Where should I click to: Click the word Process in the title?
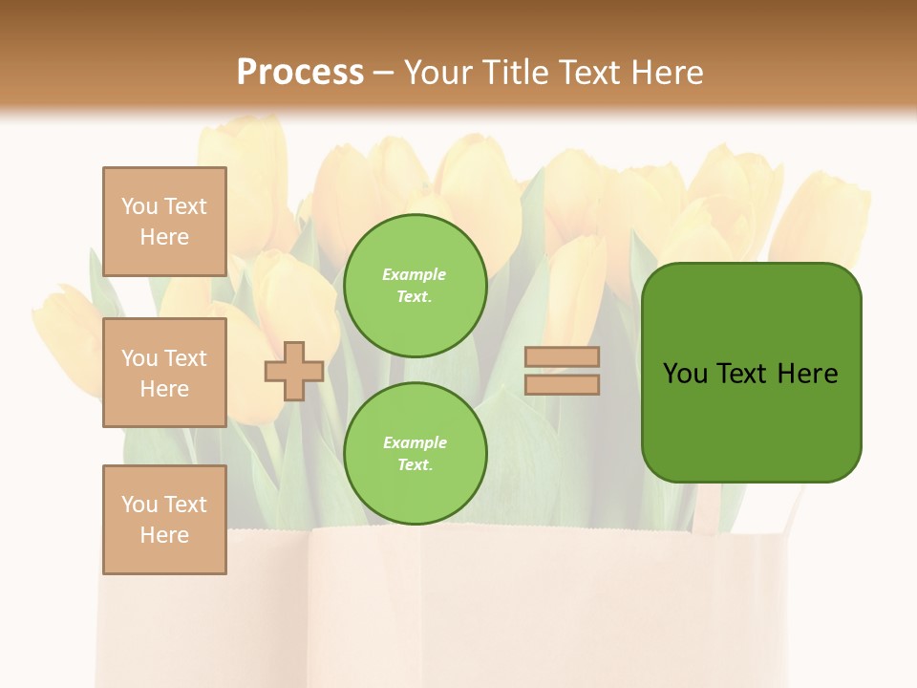pyautogui.click(x=300, y=73)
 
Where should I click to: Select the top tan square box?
pyautogui.click(x=164, y=222)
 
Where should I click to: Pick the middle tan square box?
pyautogui.click(x=164, y=373)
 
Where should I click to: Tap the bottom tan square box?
pyautogui.click(x=164, y=519)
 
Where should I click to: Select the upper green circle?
pyautogui.click(x=415, y=285)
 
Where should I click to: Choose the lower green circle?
pyautogui.click(x=415, y=453)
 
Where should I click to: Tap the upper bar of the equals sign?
pyautogui.click(x=562, y=357)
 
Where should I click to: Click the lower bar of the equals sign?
pyautogui.click(x=562, y=384)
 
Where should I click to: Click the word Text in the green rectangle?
pyautogui.click(x=744, y=374)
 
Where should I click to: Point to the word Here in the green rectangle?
pyautogui.click(x=807, y=374)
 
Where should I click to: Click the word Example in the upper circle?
pyautogui.click(x=415, y=274)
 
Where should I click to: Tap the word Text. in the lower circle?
pyautogui.click(x=415, y=464)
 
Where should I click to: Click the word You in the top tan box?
pyautogui.click(x=139, y=206)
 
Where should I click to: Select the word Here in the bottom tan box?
pyautogui.click(x=164, y=535)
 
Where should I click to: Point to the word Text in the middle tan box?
pyautogui.click(x=184, y=358)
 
